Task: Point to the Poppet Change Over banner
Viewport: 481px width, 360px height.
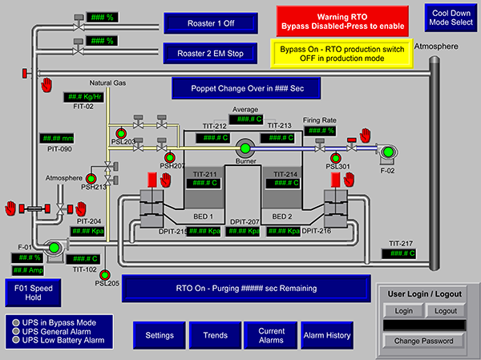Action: [x=245, y=87]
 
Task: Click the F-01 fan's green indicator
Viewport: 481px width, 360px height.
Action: [x=54, y=248]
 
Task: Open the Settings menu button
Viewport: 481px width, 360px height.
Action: [x=159, y=335]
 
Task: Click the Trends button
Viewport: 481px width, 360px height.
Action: [x=215, y=335]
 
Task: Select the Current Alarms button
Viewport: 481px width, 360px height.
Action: [x=271, y=335]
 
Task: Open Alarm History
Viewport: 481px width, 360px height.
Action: [x=326, y=335]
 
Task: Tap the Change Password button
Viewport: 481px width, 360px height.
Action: [x=424, y=341]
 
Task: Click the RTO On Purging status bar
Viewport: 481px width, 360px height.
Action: [x=245, y=288]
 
